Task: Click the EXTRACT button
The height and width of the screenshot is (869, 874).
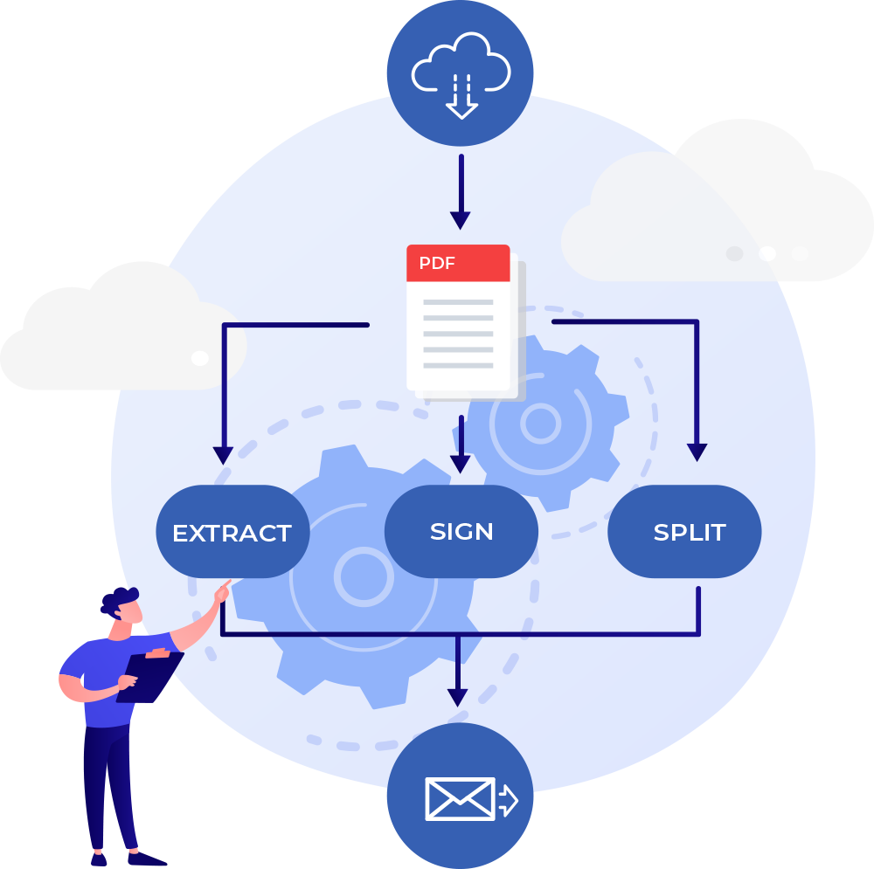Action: pos(232,532)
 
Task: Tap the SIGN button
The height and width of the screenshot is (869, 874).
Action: pos(461,531)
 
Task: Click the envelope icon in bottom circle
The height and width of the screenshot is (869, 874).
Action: pos(460,798)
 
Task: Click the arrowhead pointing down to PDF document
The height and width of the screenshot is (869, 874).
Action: pos(461,220)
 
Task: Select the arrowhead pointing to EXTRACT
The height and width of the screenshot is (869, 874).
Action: pos(224,455)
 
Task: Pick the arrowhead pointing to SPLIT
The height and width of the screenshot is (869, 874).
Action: pos(697,452)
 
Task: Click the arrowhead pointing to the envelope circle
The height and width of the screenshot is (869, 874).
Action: pos(457,696)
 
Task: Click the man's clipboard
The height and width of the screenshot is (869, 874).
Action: pos(149,676)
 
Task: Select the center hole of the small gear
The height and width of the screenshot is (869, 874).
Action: pos(539,424)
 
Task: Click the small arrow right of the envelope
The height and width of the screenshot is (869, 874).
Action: pos(508,799)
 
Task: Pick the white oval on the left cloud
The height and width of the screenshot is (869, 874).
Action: pos(200,358)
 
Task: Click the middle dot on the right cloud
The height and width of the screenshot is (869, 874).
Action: pos(767,253)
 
